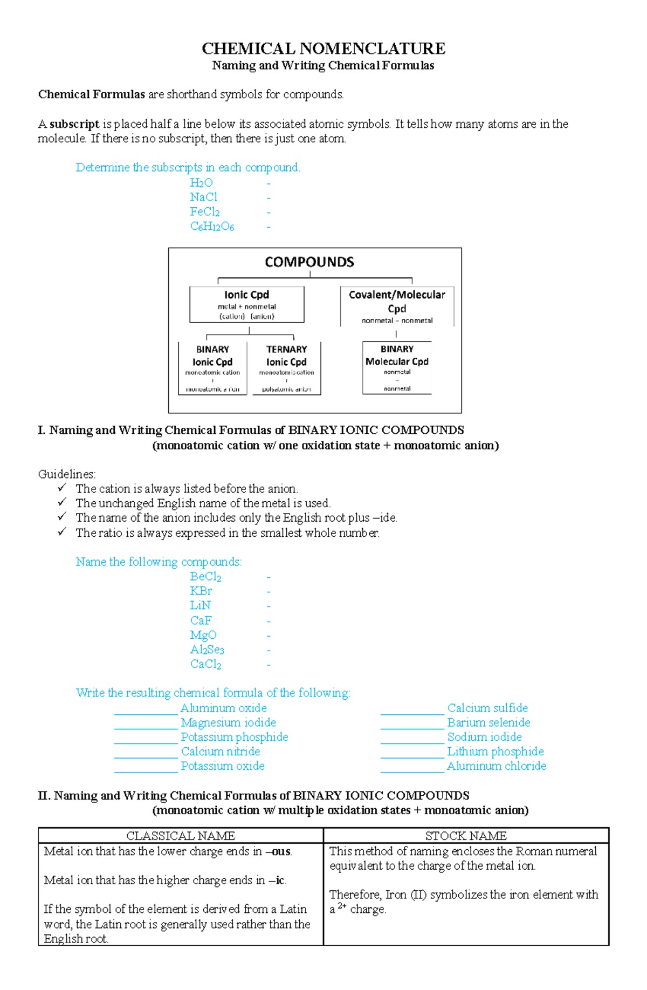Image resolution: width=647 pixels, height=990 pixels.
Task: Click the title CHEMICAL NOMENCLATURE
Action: (323, 49)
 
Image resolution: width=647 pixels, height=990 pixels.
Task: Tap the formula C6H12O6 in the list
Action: (212, 227)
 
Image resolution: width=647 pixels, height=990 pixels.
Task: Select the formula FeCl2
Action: (205, 212)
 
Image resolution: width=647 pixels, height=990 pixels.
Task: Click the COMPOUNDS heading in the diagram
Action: (309, 262)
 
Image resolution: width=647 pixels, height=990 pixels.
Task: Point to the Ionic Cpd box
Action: (247, 305)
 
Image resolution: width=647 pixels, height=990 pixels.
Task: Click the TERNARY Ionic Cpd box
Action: (286, 368)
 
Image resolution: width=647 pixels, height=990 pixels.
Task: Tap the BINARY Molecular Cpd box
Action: (397, 367)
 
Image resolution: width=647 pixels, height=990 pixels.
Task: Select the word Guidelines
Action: (67, 474)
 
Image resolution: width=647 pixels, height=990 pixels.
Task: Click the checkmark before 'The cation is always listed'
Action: (62, 488)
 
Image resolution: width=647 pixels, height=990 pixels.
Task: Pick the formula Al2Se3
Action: (207, 650)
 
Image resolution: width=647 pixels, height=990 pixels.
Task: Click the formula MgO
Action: (203, 635)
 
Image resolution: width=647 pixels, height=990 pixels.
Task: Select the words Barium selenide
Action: (488, 722)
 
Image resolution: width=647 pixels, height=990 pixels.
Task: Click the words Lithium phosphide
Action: (495, 752)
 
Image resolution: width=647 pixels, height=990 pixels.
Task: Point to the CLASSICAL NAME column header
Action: (181, 836)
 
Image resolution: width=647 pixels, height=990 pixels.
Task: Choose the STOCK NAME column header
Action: (466, 836)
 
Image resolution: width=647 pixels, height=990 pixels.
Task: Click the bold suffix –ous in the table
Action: (280, 852)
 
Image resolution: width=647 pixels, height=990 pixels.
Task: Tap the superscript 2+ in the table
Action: (342, 906)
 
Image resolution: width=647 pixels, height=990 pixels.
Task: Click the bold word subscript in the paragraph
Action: (74, 124)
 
